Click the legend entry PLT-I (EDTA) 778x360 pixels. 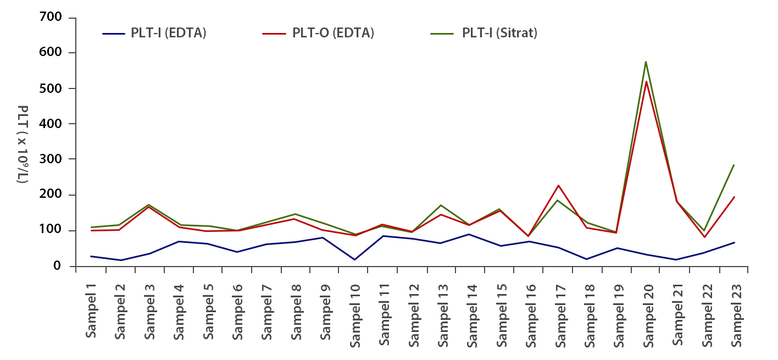coord(168,33)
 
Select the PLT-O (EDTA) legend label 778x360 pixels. coord(333,33)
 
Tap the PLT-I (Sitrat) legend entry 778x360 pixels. coord(499,33)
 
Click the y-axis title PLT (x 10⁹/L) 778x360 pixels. coord(23,144)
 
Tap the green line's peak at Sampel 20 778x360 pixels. coord(646,62)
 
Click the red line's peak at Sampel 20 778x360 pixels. coord(646,82)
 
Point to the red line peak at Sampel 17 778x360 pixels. coord(558,186)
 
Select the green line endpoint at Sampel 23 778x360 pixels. coord(734,165)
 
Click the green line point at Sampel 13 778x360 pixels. coord(441,206)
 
